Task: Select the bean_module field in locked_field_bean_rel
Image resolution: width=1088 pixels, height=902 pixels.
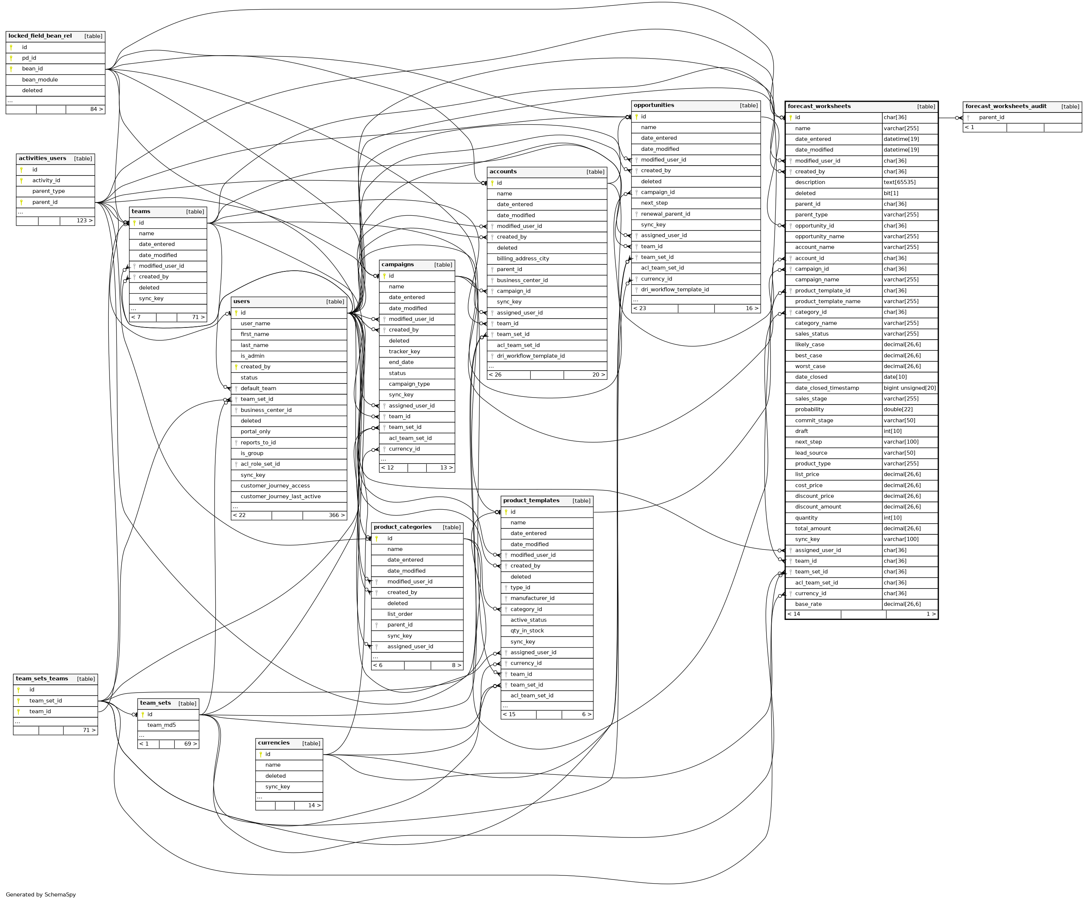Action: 40,80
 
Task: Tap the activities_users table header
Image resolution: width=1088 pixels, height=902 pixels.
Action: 42,159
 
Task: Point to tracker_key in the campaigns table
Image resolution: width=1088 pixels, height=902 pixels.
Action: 404,351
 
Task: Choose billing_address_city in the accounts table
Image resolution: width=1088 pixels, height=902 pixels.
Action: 523,259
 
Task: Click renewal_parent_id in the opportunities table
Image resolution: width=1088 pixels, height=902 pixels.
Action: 665,214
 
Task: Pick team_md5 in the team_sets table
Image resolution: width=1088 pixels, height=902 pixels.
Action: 161,725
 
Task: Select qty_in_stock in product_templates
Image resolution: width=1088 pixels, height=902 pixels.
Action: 527,631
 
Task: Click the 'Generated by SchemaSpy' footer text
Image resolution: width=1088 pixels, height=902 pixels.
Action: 41,894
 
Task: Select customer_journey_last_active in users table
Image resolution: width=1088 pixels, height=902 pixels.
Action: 280,496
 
